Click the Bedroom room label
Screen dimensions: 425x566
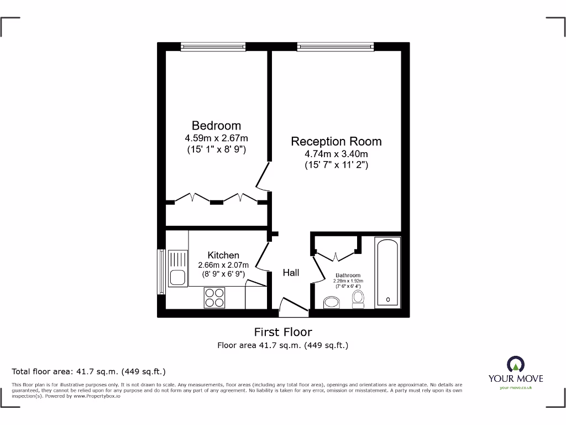[x=216, y=126]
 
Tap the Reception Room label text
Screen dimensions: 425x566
[x=336, y=142]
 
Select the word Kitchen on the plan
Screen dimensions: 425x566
[x=223, y=255]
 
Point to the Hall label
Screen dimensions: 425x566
[x=291, y=272]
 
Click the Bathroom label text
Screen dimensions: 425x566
[x=348, y=275]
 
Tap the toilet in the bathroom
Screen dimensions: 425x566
[x=358, y=299]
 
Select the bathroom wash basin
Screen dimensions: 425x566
[x=332, y=302]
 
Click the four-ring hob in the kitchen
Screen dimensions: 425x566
[x=214, y=298]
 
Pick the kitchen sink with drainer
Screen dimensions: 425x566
[x=178, y=268]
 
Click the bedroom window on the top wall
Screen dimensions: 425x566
[x=212, y=47]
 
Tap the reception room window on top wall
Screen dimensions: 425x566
[x=335, y=47]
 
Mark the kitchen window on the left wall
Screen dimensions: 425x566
[x=161, y=271]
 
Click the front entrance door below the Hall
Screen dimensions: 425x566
[x=293, y=307]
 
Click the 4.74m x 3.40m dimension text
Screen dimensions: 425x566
[x=336, y=154]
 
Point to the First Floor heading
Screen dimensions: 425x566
[x=282, y=332]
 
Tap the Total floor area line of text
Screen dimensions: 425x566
[x=89, y=371]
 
